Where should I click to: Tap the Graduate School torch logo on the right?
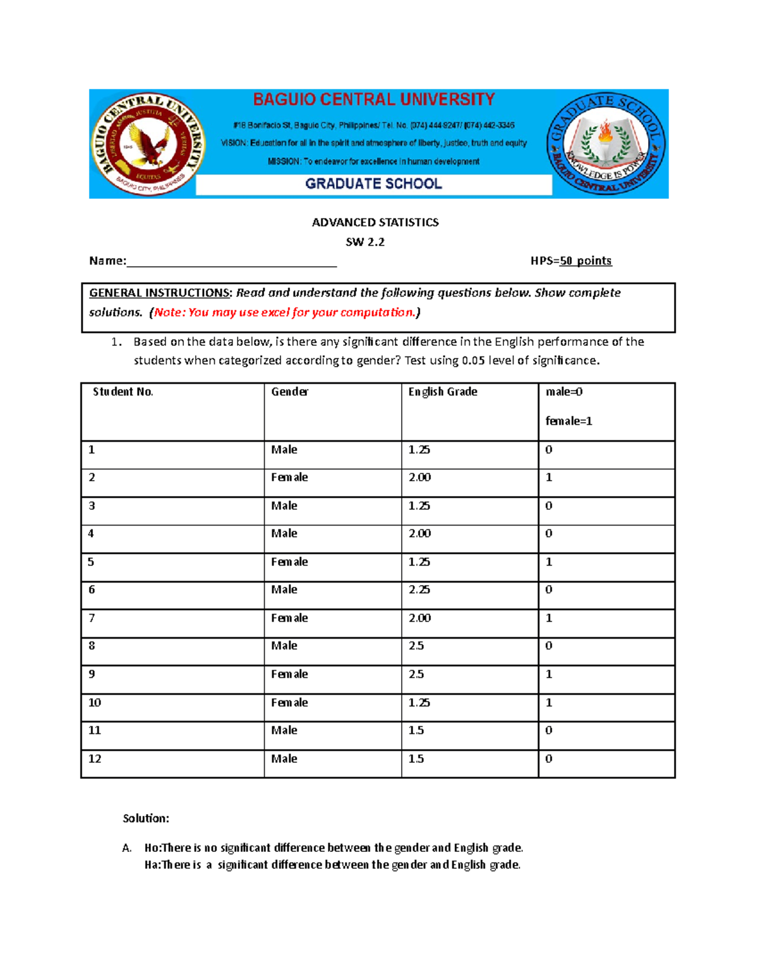[605, 144]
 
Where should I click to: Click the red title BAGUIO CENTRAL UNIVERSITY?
[374, 100]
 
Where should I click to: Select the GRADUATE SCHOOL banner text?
[373, 184]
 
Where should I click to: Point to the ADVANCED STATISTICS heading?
[375, 222]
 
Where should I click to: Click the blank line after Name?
[231, 261]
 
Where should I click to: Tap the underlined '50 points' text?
[586, 261]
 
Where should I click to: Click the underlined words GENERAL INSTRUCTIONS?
[160, 293]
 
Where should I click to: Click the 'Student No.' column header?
[123, 392]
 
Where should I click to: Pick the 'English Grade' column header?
[443, 392]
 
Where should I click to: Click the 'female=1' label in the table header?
[568, 421]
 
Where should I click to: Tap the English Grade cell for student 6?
[419, 589]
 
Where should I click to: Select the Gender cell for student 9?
[289, 674]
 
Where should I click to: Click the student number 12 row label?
[95, 759]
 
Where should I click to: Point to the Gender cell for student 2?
[289, 478]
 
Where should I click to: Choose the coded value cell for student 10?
[549, 702]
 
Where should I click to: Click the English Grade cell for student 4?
[419, 533]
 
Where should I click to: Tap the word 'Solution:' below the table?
[146, 818]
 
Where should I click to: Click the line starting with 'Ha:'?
[332, 865]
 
